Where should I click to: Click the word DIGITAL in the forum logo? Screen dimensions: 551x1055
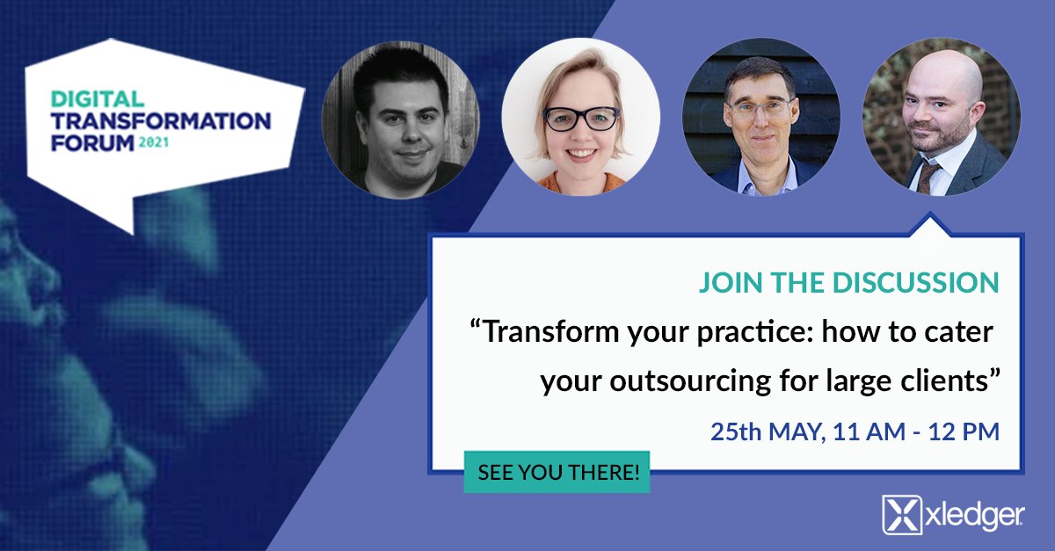[85, 98]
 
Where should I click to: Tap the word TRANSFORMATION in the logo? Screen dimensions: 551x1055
[160, 120]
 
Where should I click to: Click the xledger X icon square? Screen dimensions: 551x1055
[901, 515]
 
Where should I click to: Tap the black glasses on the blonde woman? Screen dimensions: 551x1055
[580, 119]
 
